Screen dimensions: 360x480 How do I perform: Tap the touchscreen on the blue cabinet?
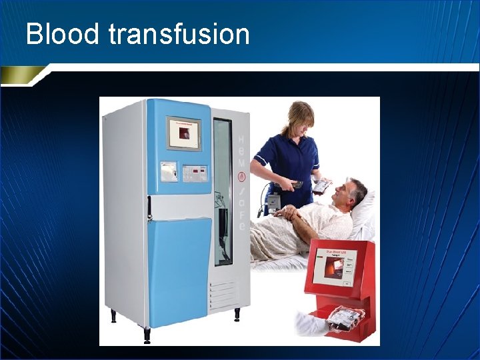pos(183,134)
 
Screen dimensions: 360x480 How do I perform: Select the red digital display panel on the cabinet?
pos(193,173)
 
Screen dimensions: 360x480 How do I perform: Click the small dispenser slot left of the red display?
pos(169,172)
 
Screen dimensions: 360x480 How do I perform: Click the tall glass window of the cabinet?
pos(223,190)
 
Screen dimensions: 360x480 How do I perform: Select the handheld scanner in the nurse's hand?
pos(297,184)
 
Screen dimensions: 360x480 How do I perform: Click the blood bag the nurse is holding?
pos(321,186)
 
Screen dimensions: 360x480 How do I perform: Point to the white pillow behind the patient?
pos(365,217)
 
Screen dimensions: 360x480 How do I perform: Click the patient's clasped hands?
pos(289,214)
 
